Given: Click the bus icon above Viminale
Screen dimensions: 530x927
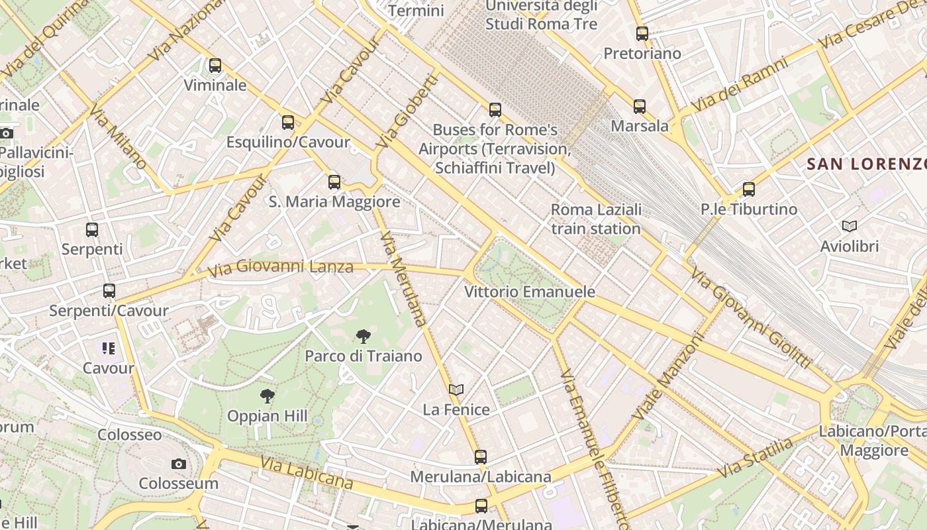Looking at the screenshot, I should pos(215,66).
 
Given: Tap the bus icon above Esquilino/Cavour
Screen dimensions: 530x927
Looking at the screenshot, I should pos(287,123).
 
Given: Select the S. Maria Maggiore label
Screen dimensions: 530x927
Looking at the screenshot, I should pos(334,201).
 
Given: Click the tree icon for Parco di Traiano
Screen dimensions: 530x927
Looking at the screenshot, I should pos(363,337).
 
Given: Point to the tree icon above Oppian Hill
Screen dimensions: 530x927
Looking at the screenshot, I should pos(268,396).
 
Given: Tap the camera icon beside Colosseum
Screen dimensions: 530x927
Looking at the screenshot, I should pos(178,464).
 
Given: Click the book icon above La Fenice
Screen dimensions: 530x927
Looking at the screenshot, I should pos(456,390).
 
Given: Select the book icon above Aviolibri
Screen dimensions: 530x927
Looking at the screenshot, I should pos(850,227).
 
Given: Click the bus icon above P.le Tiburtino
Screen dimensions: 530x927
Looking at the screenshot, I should pos(748,189).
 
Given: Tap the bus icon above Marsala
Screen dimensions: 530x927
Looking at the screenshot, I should pos(639,106).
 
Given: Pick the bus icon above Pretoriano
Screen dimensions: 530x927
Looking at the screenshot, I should pos(642,33).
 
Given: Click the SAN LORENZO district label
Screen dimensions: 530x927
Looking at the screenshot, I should pos(866,164).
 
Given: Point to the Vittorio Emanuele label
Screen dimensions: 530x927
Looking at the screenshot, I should pos(529,291).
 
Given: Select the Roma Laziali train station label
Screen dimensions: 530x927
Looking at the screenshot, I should pos(596,219).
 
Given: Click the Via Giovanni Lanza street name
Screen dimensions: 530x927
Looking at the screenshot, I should pos(281,268).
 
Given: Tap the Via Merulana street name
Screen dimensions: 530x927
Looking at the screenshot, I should pos(405,278).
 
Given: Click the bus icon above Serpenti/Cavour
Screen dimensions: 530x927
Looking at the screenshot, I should pos(109,291).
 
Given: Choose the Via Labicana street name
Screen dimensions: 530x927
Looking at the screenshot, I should pos(306,473).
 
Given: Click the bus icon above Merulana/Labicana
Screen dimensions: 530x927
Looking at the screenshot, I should pos(481,456).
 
